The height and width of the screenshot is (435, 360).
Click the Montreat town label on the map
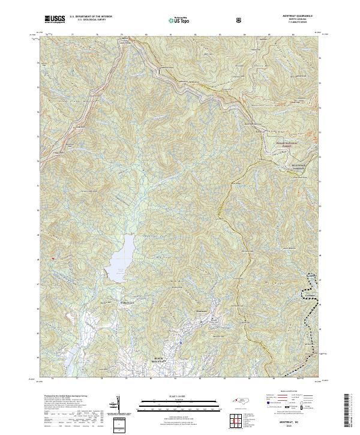(x=202, y=311)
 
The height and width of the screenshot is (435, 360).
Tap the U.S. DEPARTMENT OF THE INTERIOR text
(x=91, y=17)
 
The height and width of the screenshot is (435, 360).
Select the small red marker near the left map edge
(x=53, y=259)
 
